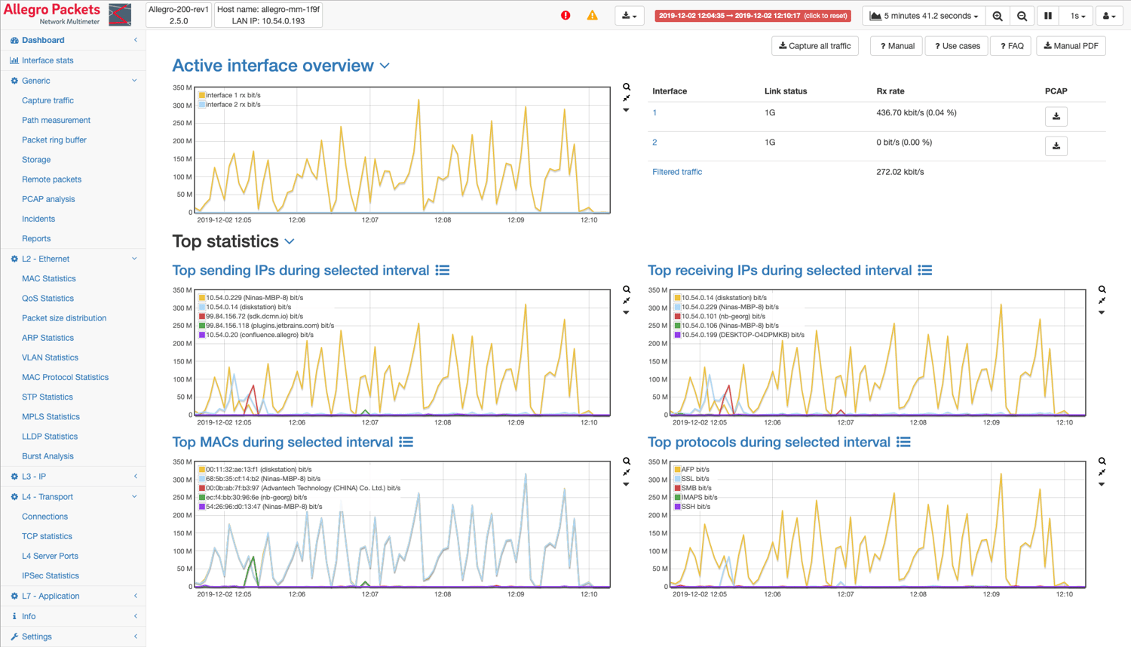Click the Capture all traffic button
[x=814, y=46]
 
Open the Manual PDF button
[x=1071, y=46]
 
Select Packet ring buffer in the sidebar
[x=54, y=140]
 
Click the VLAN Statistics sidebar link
[x=50, y=357]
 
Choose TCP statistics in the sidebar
[x=47, y=536]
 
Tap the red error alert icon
[x=565, y=15]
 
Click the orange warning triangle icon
[x=593, y=15]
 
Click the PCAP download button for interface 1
[x=1056, y=116]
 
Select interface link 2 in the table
[x=654, y=143]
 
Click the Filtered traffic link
[x=676, y=172]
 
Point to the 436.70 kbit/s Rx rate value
[x=916, y=113]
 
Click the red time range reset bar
[x=752, y=15]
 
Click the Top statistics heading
[x=225, y=241]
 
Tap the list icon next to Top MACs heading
[x=406, y=442]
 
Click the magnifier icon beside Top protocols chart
[x=1102, y=461]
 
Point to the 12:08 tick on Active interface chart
[x=443, y=220]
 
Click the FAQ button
[x=1011, y=46]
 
